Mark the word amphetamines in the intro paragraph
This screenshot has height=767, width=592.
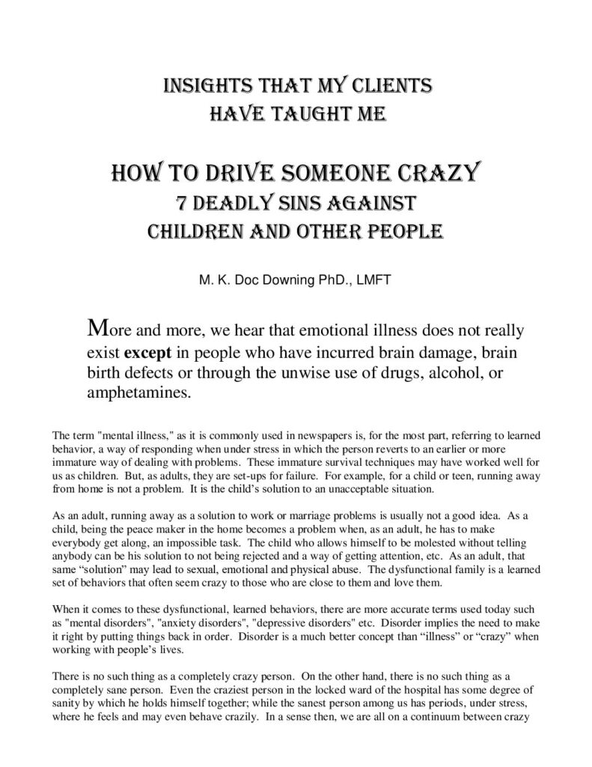pos(137,393)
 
